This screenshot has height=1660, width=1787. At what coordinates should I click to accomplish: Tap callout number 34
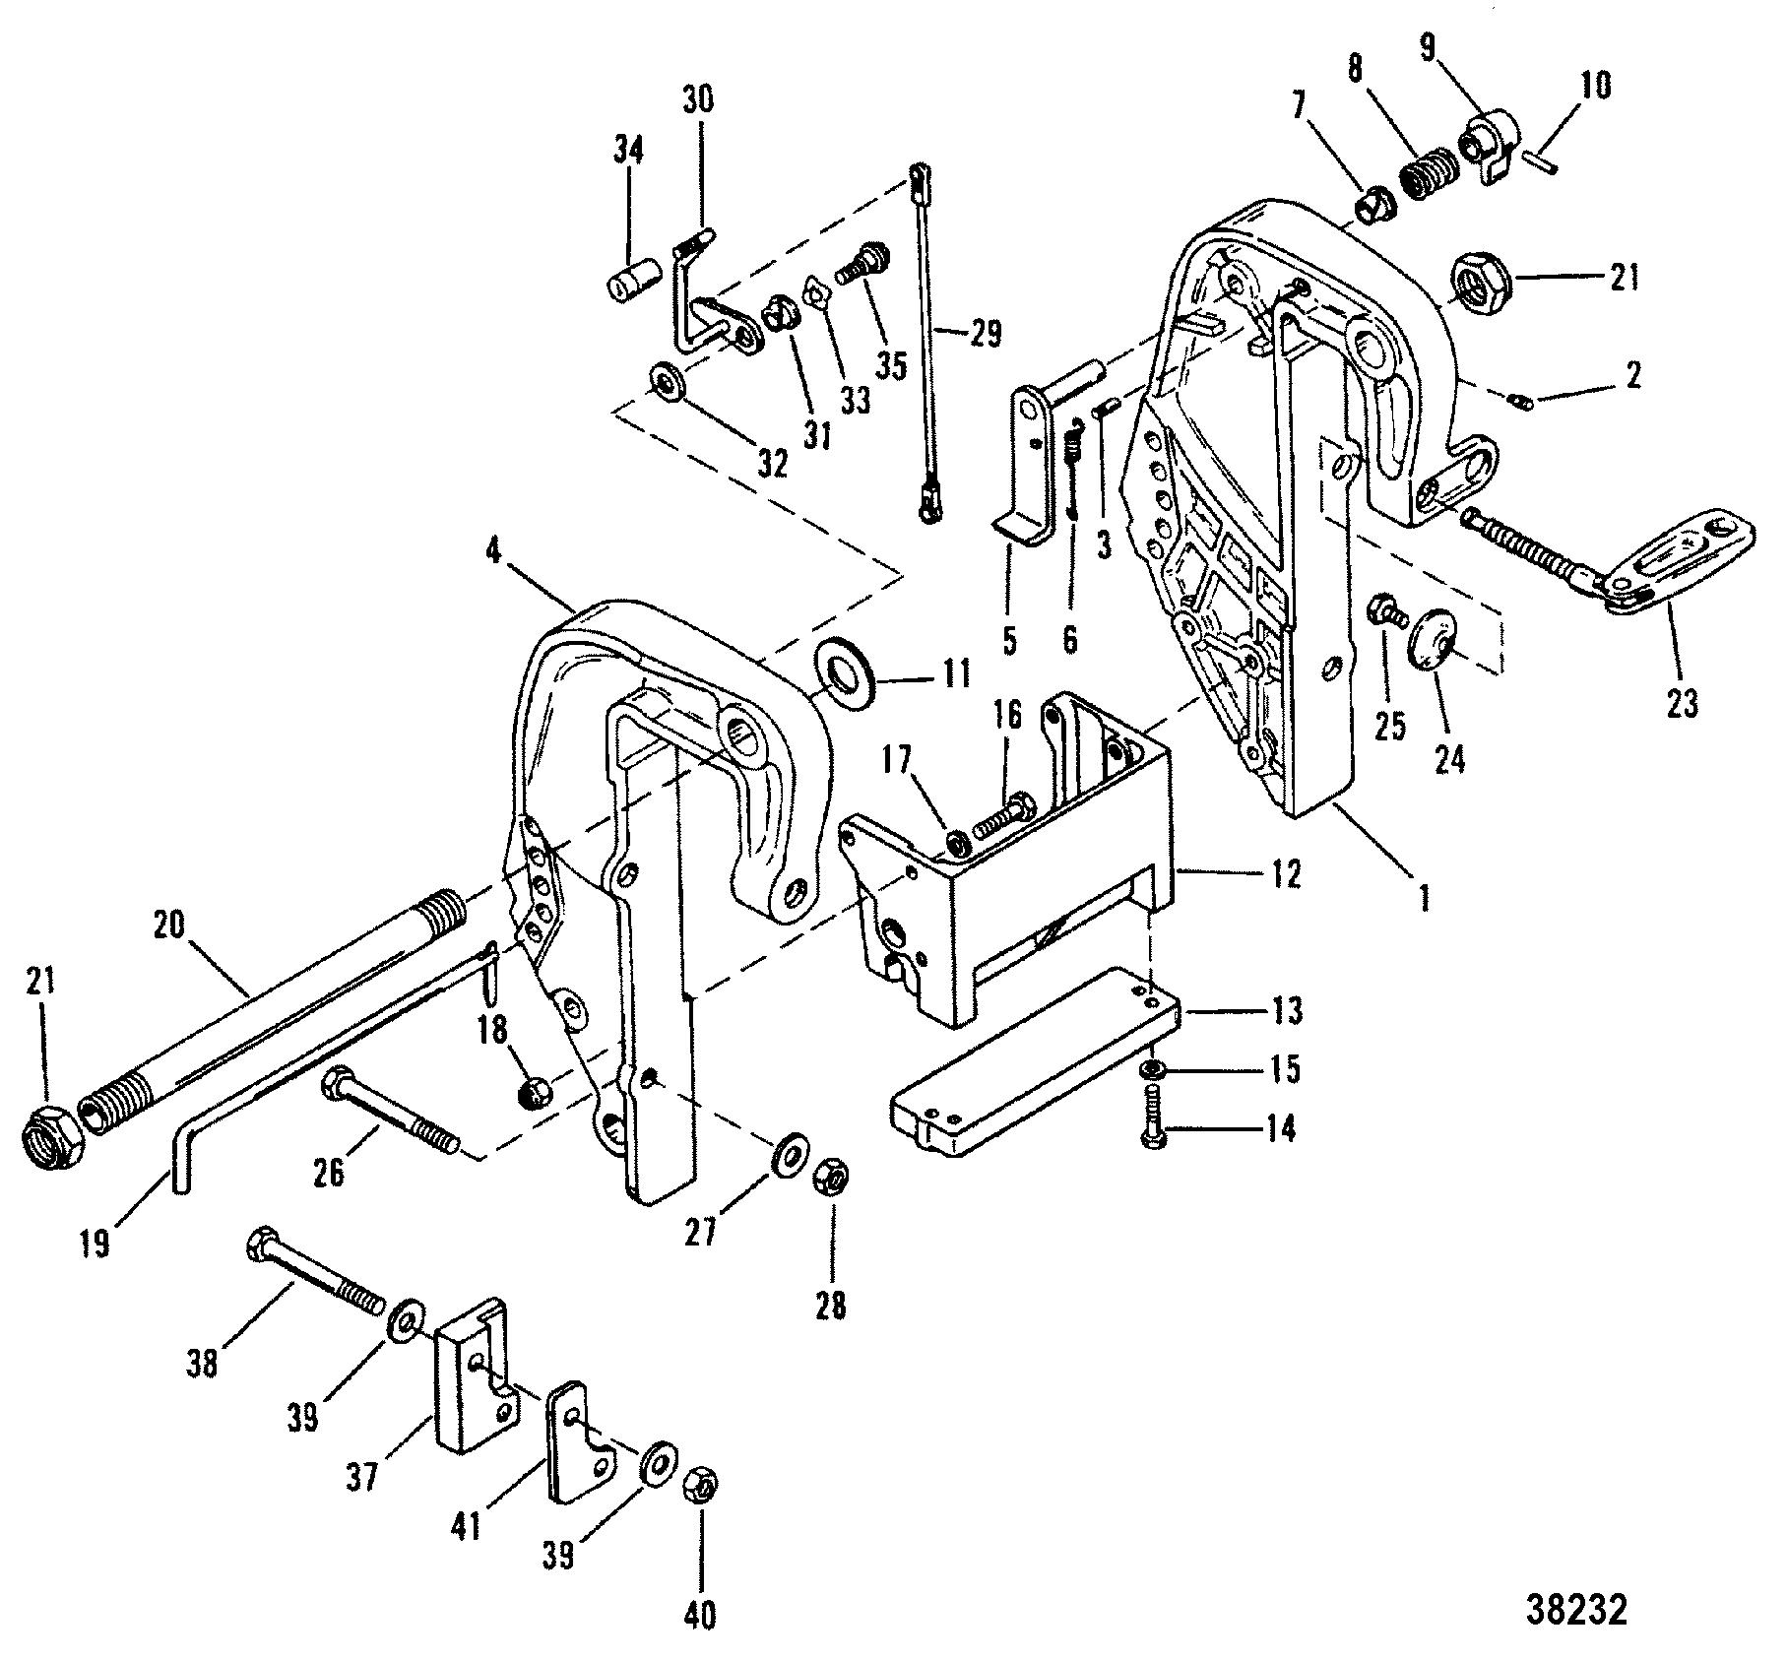[x=628, y=151]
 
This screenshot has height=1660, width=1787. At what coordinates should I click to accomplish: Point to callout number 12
[x=1285, y=873]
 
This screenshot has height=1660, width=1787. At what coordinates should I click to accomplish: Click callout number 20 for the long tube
[x=170, y=926]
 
